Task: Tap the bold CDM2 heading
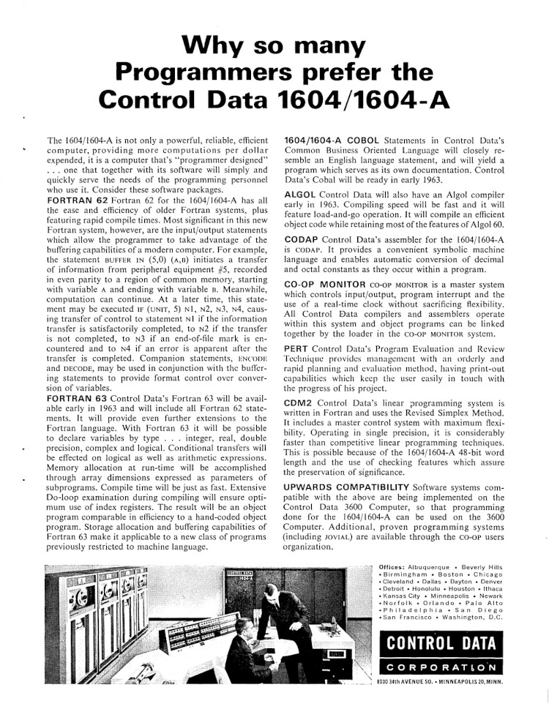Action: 298,402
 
